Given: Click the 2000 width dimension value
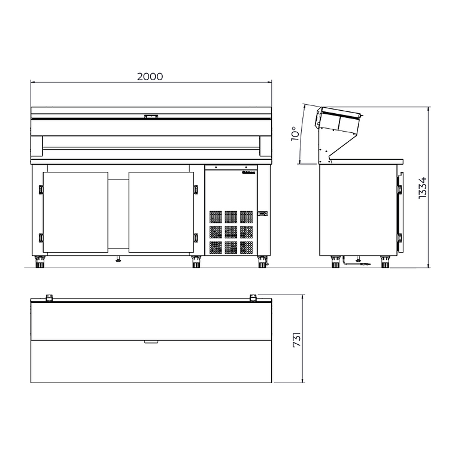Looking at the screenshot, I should click(150, 77).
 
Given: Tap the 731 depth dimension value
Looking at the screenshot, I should click(296, 339).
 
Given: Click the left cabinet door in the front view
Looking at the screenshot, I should click(75, 213).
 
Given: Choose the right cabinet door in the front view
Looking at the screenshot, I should click(162, 213).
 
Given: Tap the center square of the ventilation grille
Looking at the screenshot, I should click(231, 231).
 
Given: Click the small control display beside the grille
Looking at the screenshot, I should click(262, 214).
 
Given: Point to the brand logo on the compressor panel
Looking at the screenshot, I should click(248, 175).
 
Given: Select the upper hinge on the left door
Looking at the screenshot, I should click(41, 190).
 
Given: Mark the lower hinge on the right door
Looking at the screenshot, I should click(195, 237).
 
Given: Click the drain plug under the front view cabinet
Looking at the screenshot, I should click(118, 260).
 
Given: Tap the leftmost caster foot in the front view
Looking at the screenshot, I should click(40, 262).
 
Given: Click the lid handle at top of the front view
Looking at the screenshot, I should click(151, 117).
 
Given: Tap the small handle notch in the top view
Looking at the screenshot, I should click(151, 342).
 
